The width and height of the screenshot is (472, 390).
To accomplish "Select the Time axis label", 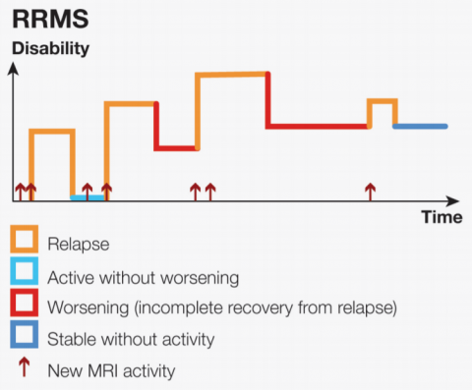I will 442,217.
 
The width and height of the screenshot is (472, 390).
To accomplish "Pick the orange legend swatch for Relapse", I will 24,239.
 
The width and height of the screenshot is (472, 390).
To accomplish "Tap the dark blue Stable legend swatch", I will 24,339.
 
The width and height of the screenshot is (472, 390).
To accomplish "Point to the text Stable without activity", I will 130,339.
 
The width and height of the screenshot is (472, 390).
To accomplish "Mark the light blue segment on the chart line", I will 88,197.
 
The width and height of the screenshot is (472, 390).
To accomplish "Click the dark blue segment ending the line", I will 420,126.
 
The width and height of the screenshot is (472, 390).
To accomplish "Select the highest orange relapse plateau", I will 232,74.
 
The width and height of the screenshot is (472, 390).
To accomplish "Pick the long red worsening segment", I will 317,126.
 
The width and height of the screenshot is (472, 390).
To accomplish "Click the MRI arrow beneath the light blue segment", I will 87,191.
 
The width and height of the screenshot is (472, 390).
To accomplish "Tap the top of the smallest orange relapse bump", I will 382,100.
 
